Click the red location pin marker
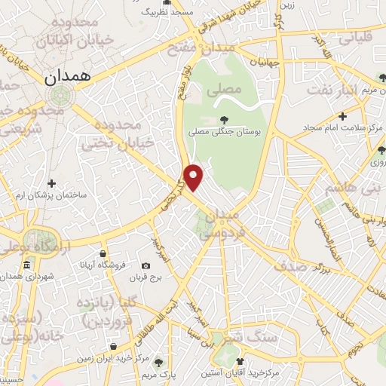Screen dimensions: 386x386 coord(195,177)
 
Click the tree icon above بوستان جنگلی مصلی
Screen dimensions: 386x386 coord(224,118)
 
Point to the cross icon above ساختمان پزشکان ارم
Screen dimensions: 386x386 coord(51,183)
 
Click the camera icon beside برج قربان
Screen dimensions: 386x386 coord(146,265)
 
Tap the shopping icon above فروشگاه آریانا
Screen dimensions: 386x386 coord(102,253)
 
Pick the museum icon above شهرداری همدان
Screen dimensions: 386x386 coord(27,265)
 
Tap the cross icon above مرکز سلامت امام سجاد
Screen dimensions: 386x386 coord(343,116)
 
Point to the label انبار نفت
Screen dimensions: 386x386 coord(338,92)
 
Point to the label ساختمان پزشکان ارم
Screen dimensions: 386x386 coord(51,195)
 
